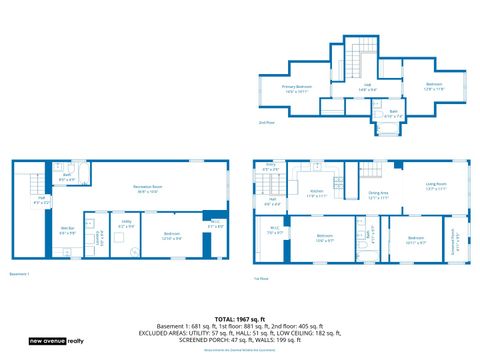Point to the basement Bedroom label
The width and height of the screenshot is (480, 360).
[172, 236]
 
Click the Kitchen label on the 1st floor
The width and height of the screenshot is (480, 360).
[316, 193]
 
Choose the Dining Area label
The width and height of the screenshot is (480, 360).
[379, 194]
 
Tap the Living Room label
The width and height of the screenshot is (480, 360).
[437, 185]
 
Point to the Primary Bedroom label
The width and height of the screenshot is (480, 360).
[296, 88]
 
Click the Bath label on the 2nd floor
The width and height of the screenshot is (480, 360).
[393, 113]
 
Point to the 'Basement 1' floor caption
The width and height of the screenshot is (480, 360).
[20, 273]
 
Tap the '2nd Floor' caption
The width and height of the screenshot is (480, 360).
[266, 123]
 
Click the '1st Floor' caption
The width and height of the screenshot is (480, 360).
[262, 277]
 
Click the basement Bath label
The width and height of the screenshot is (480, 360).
[67, 177]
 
